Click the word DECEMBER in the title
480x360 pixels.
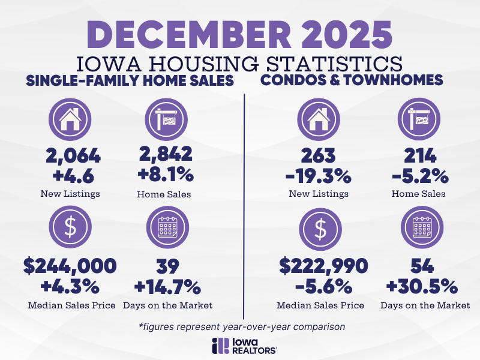click(x=189, y=34)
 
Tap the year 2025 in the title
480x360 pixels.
click(x=347, y=34)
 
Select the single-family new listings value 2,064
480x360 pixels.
click(x=73, y=155)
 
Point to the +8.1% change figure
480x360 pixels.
click(x=166, y=175)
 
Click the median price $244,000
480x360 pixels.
click(x=70, y=266)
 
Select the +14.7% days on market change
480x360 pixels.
click(x=167, y=287)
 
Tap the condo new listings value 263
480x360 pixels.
click(x=319, y=155)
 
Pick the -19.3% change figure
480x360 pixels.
click(x=319, y=176)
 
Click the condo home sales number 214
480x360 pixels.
click(x=420, y=155)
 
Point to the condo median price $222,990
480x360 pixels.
click(x=323, y=266)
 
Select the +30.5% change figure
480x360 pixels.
click(x=422, y=287)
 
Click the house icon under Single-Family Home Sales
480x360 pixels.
click(x=70, y=119)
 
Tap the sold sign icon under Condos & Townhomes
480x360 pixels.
click(x=419, y=119)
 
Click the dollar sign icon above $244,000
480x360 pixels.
click(x=70, y=227)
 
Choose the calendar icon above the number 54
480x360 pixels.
click(x=422, y=227)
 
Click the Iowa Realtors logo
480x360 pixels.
click(x=244, y=346)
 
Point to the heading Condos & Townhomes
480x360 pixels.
click(x=352, y=80)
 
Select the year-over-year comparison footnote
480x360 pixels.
click(x=242, y=326)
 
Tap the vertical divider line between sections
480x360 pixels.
click(x=244, y=206)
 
